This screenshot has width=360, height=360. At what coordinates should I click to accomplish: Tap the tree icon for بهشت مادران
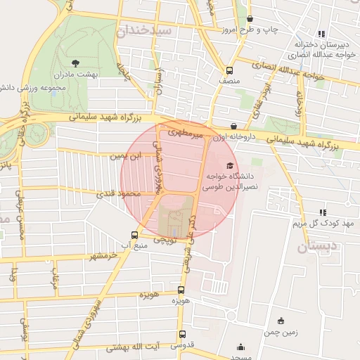click(x=76, y=63)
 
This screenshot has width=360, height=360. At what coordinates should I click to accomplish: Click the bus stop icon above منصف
click(x=229, y=70)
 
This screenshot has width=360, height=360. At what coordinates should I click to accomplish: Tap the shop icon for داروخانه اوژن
click(x=233, y=127)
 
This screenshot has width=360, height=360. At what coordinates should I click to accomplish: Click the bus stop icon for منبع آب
click(x=134, y=235)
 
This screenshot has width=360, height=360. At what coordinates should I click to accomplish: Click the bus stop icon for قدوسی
click(x=182, y=335)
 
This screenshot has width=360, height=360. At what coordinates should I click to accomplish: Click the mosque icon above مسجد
click(x=241, y=346)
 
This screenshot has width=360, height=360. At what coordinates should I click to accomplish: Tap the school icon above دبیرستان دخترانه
click(x=321, y=33)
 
